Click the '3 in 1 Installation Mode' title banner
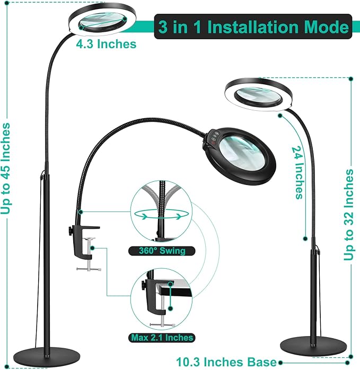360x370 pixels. click(x=252, y=27)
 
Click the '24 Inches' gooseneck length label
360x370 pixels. click(x=299, y=173)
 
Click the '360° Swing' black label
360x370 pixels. click(x=160, y=250)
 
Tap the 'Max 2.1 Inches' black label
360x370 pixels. click(x=161, y=337)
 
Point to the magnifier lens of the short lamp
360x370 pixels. click(x=257, y=95)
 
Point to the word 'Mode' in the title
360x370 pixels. click(x=328, y=27)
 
